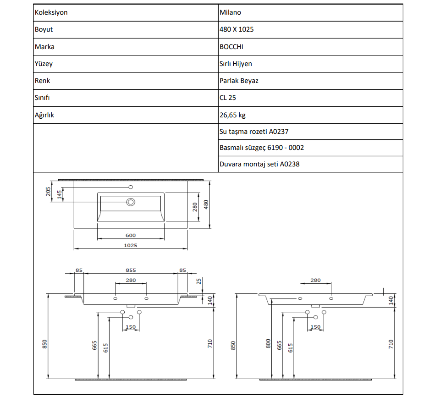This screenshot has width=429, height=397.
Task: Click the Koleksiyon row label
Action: pos(51,12)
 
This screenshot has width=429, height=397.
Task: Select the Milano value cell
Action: pos(230,12)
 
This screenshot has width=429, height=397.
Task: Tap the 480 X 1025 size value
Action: pos(236,29)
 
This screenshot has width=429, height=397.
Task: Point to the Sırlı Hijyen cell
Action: pos(236,64)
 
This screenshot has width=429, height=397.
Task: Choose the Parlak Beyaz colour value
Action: pos(239,81)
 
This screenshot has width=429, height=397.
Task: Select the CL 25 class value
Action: pos(228,98)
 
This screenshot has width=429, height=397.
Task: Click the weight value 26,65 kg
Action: pos(232,115)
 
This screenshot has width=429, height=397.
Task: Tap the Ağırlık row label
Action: pos(44,115)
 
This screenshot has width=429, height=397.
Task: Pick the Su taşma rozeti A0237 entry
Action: pos(254,132)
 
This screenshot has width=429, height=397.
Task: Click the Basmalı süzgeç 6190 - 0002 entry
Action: pos(261,148)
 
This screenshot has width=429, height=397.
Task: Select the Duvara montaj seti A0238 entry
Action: pos(259,164)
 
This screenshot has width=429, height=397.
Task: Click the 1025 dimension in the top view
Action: pos(131,245)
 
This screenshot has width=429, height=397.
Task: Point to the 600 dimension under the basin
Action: pos(131,236)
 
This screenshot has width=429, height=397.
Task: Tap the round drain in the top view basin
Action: pos(131,202)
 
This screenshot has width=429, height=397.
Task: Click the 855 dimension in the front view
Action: pos(131,270)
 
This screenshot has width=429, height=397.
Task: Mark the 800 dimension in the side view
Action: pos(268,344)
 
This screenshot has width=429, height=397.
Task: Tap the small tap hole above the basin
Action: pos(131,187)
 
